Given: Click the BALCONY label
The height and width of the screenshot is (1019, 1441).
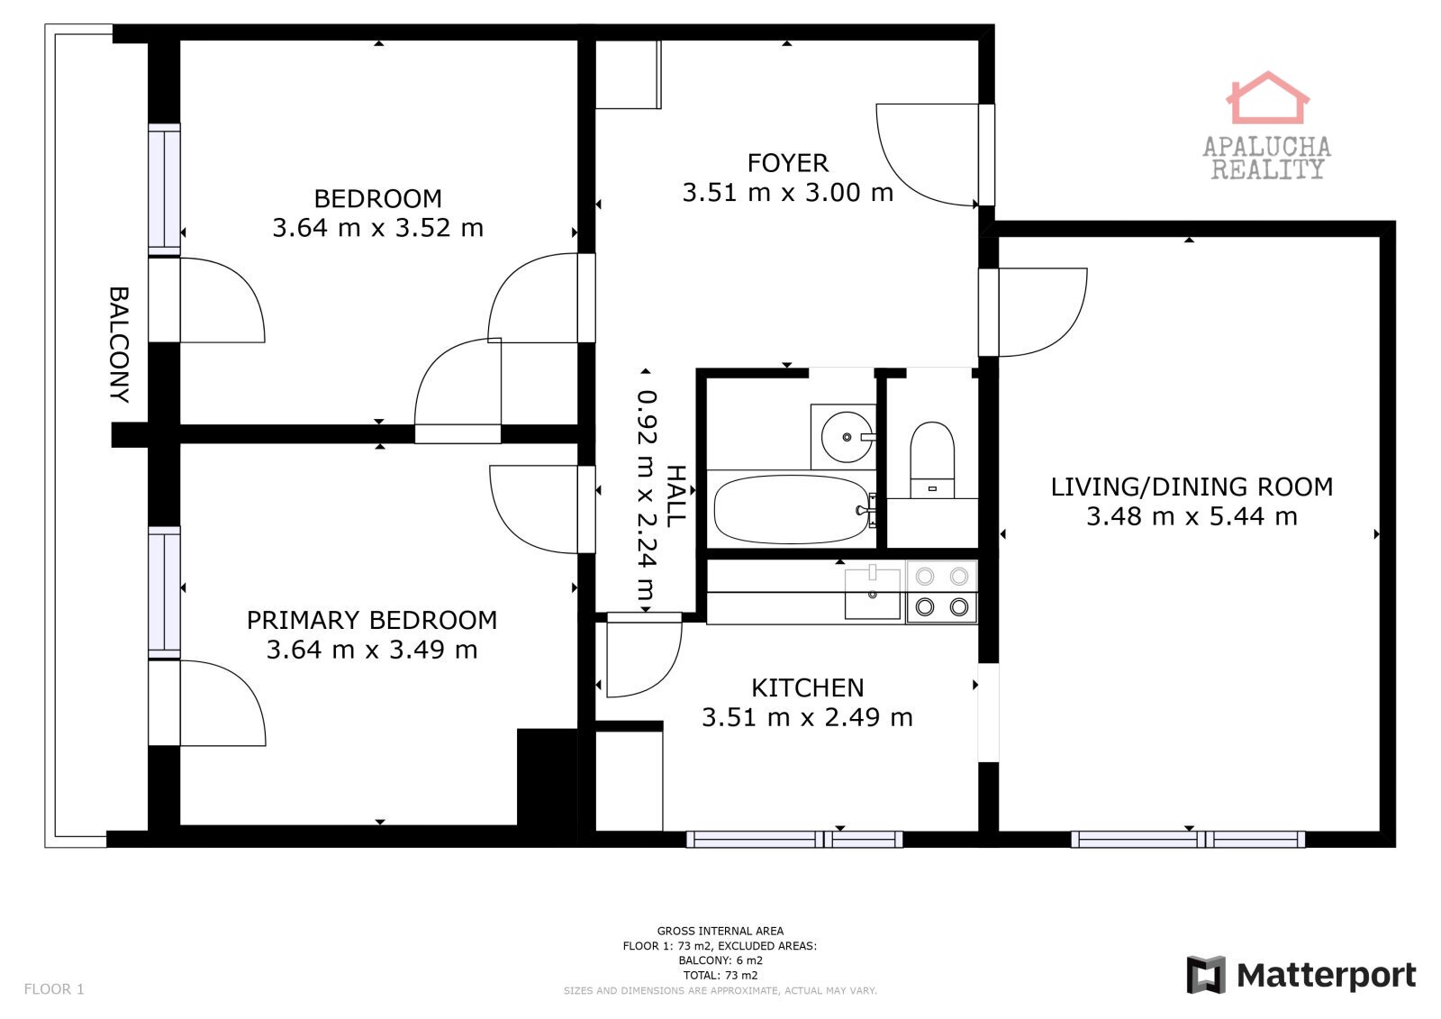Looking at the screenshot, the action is [x=119, y=344].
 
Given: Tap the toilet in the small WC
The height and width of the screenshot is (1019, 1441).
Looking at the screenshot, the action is [x=932, y=459].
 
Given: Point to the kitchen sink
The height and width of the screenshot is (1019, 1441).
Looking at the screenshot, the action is [x=873, y=593].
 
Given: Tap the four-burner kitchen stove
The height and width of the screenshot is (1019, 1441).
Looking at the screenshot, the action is [x=942, y=592].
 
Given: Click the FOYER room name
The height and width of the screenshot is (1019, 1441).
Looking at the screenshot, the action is [x=787, y=163].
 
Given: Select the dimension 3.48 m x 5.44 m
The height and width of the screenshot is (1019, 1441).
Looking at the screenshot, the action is [x=1192, y=516].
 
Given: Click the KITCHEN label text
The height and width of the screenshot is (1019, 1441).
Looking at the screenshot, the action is [x=807, y=688].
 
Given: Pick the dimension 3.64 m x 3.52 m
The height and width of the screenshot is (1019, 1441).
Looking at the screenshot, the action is [x=377, y=228].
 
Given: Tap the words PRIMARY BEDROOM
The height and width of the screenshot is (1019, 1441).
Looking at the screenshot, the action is [x=372, y=620].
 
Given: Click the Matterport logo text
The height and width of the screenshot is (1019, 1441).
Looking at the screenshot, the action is [x=1326, y=975].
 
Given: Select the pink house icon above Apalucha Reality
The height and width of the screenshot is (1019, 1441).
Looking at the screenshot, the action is [x=1266, y=98].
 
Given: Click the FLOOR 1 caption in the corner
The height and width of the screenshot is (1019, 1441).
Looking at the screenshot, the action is [x=54, y=988].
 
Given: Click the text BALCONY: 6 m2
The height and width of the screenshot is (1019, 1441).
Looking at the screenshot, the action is [x=720, y=960].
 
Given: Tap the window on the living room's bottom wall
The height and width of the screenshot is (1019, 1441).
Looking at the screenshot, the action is [x=1188, y=840].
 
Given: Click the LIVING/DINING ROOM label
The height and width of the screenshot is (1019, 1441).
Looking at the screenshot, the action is [x=1192, y=487].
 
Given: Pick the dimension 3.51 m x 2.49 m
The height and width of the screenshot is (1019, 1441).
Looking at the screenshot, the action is [x=807, y=718].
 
